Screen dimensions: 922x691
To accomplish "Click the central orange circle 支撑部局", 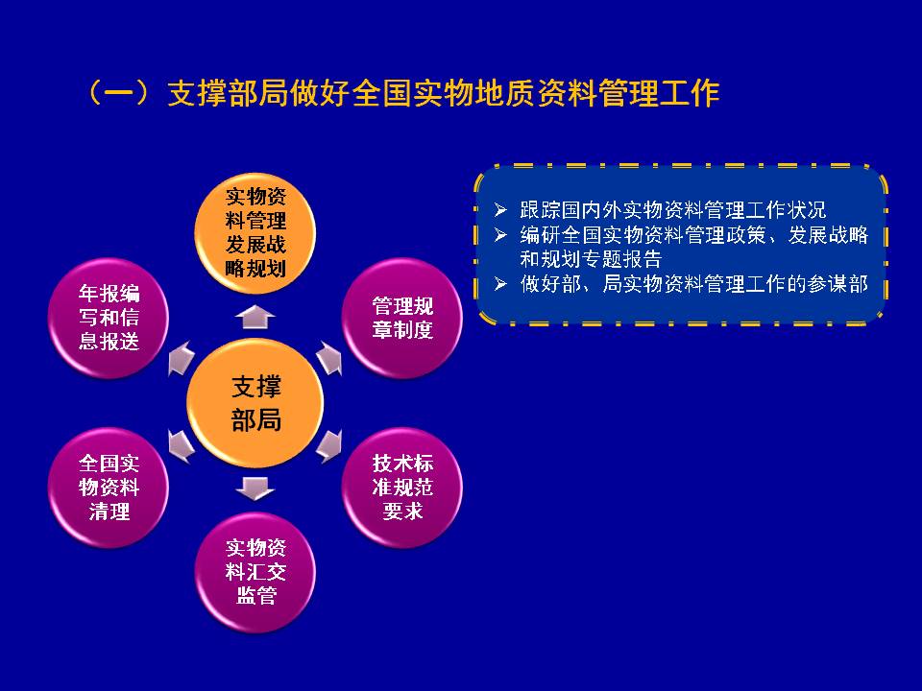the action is (255, 403).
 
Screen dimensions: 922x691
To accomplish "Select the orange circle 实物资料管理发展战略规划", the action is (255, 233).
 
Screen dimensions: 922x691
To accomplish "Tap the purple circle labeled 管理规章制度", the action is (402, 318).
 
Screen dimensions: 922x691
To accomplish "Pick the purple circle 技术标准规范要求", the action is (402, 488).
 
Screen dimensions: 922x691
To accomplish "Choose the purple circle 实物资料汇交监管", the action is (255, 572).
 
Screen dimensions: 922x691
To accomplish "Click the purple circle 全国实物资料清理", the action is (109, 488).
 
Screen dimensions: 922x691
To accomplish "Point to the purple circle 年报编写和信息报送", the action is (109, 318).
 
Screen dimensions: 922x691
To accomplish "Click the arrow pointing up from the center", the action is (255, 318).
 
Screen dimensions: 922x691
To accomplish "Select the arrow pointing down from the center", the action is (255, 488).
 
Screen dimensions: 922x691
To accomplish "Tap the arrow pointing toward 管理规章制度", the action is (329, 358).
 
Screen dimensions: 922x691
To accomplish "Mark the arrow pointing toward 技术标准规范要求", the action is (329, 446).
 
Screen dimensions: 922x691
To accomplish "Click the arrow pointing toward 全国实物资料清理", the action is (181, 446).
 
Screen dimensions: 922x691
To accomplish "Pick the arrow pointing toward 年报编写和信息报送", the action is (181, 358).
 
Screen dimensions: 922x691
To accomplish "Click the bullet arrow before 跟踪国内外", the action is (500, 210).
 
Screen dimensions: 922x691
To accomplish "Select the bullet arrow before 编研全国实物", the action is (500, 235).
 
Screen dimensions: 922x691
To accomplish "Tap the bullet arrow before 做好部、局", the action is (500, 284).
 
